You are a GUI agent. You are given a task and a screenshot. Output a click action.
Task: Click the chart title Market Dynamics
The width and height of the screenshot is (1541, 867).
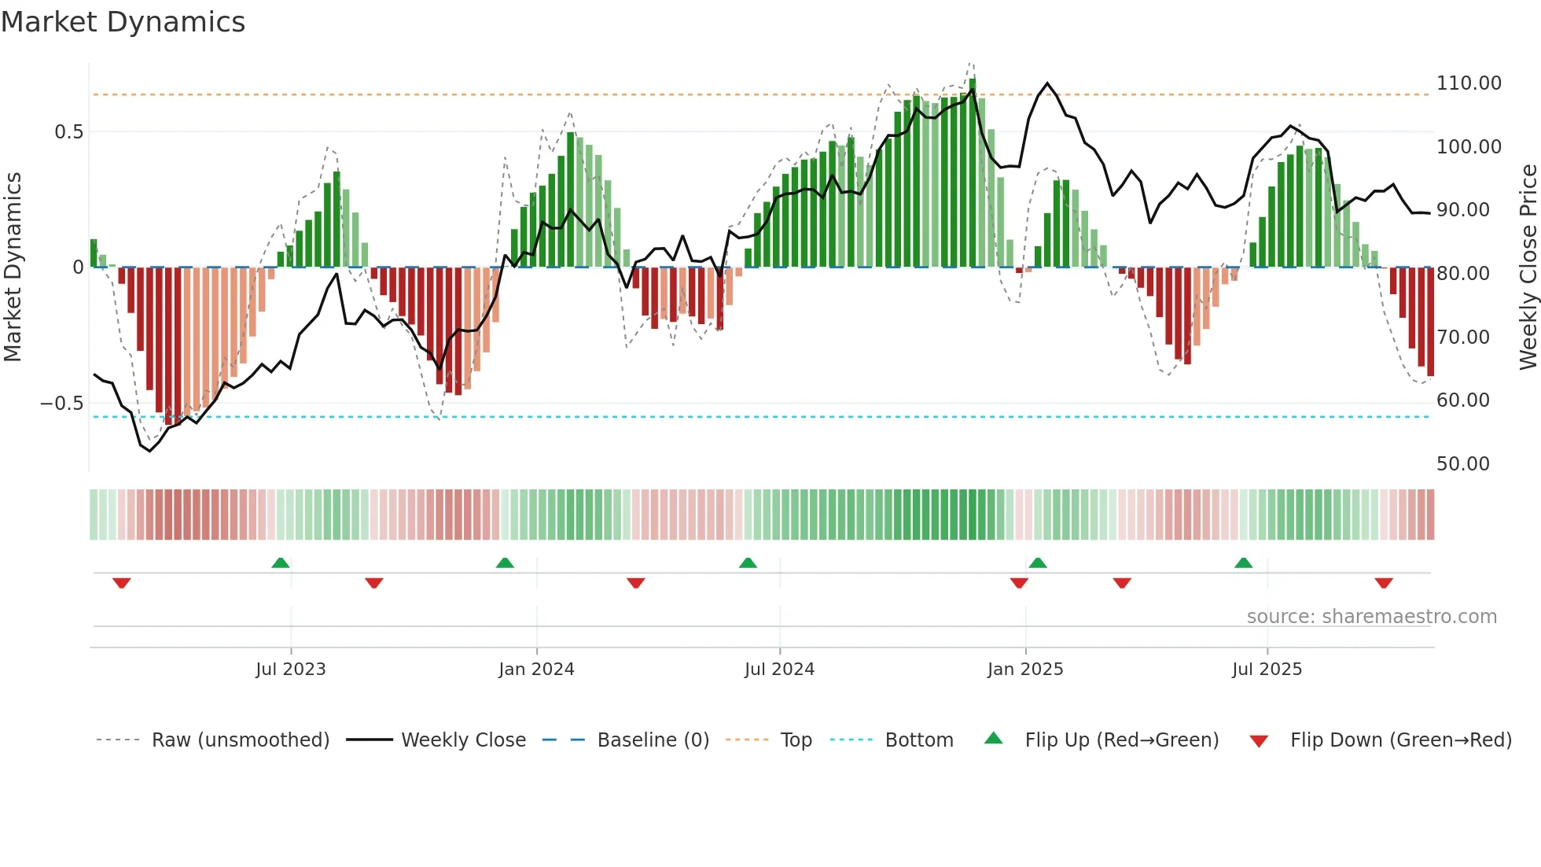[x=123, y=22]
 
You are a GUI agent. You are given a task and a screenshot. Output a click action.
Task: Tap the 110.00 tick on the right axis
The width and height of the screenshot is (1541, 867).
[x=1468, y=83]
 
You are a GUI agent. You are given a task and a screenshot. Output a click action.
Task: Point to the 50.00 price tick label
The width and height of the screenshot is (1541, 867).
[x=1462, y=464]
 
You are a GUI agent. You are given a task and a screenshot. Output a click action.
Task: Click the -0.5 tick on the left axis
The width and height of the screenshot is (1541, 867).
[x=62, y=404]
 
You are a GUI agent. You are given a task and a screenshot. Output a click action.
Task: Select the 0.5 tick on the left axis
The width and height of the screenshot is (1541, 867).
[x=69, y=132]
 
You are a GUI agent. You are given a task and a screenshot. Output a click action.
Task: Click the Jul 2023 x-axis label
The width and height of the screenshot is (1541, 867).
[x=290, y=670]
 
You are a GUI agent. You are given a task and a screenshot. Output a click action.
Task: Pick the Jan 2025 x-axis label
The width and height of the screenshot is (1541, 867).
[x=1024, y=670]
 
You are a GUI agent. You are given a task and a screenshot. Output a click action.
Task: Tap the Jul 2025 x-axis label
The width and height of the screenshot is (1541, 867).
[x=1267, y=670]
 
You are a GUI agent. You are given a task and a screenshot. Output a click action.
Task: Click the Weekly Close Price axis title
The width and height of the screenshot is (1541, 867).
[x=1528, y=267]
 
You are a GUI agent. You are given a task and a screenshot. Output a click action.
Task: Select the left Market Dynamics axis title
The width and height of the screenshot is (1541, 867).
[x=13, y=267]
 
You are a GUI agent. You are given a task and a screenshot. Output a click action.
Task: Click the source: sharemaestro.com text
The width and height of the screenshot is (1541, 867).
[x=1371, y=617]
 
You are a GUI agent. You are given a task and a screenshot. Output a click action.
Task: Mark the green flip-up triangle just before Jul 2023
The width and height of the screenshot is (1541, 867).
[x=281, y=563]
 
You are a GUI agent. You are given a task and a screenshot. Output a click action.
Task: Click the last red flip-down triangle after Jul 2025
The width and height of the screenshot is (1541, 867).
[x=1384, y=583]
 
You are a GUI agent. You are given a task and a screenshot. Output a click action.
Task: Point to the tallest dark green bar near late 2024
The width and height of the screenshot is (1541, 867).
[x=973, y=173]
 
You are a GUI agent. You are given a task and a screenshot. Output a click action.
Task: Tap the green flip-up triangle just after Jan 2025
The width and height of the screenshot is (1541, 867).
[x=1038, y=563]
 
